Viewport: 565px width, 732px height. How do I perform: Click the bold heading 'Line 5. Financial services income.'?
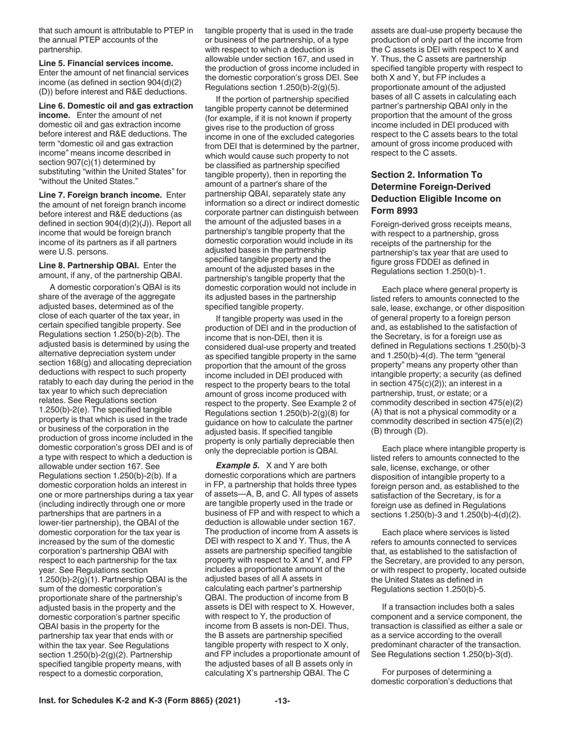[x=106, y=63]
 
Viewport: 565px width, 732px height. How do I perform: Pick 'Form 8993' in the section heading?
[x=394, y=211]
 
